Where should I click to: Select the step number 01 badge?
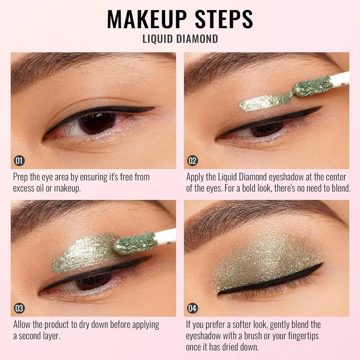coord(19,161)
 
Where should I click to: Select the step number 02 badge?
coord(192,161)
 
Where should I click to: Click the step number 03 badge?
coord(19,309)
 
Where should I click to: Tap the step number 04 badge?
coord(192,309)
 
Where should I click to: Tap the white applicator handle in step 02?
coord(341,78)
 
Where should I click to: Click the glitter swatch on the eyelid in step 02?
coord(262,102)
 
